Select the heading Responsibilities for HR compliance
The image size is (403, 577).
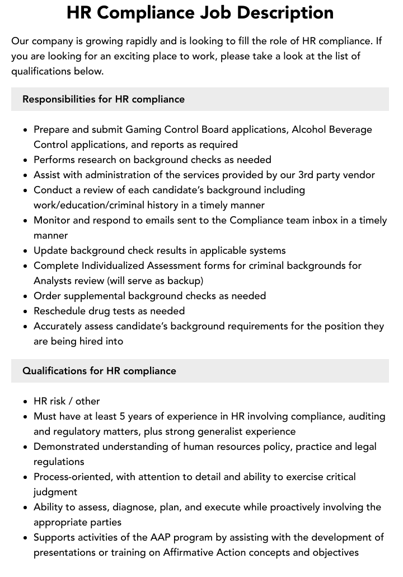click(104, 99)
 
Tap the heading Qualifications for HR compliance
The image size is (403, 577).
click(99, 371)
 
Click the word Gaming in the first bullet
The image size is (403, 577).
click(143, 129)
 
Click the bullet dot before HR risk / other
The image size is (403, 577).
click(26, 402)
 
